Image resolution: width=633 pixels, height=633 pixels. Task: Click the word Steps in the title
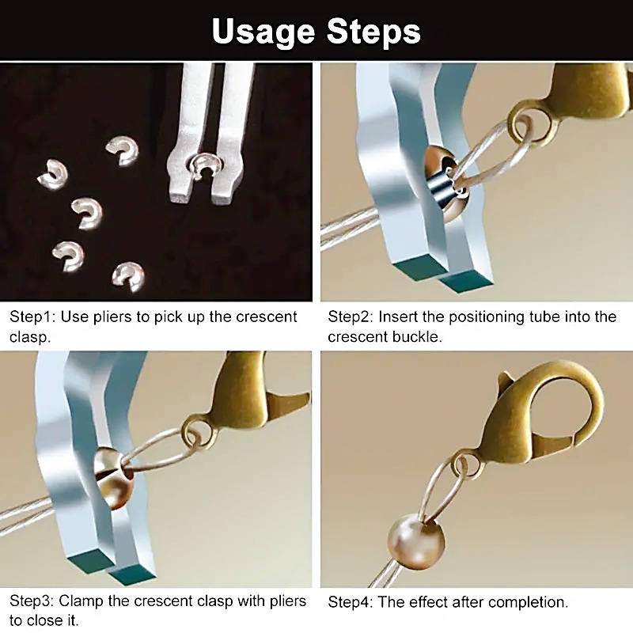[x=373, y=32]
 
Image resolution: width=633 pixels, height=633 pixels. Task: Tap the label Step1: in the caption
[x=32, y=317]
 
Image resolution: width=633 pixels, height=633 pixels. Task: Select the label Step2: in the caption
[x=351, y=317]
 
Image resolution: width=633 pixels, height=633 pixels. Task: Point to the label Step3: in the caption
[x=32, y=601]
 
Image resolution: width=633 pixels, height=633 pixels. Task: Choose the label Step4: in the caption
[x=351, y=602]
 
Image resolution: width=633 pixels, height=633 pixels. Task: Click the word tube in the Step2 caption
[x=545, y=317]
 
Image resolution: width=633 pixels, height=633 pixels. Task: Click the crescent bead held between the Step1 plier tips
[x=207, y=165]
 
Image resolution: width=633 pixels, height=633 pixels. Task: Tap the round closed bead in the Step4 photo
[x=416, y=542]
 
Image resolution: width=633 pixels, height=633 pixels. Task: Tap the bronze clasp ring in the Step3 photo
[x=197, y=433]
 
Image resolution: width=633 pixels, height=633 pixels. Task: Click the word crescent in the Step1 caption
[x=267, y=317]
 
